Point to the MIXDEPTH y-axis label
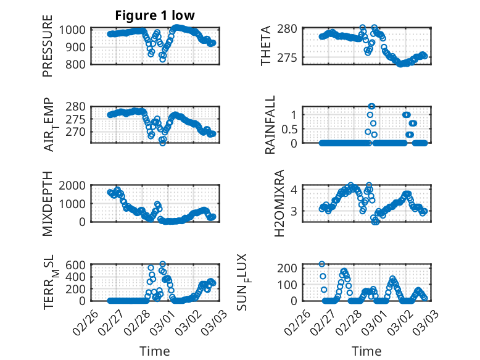48,204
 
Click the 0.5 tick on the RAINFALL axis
289,128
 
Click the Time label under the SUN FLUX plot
366,351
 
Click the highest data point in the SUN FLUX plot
321,264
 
